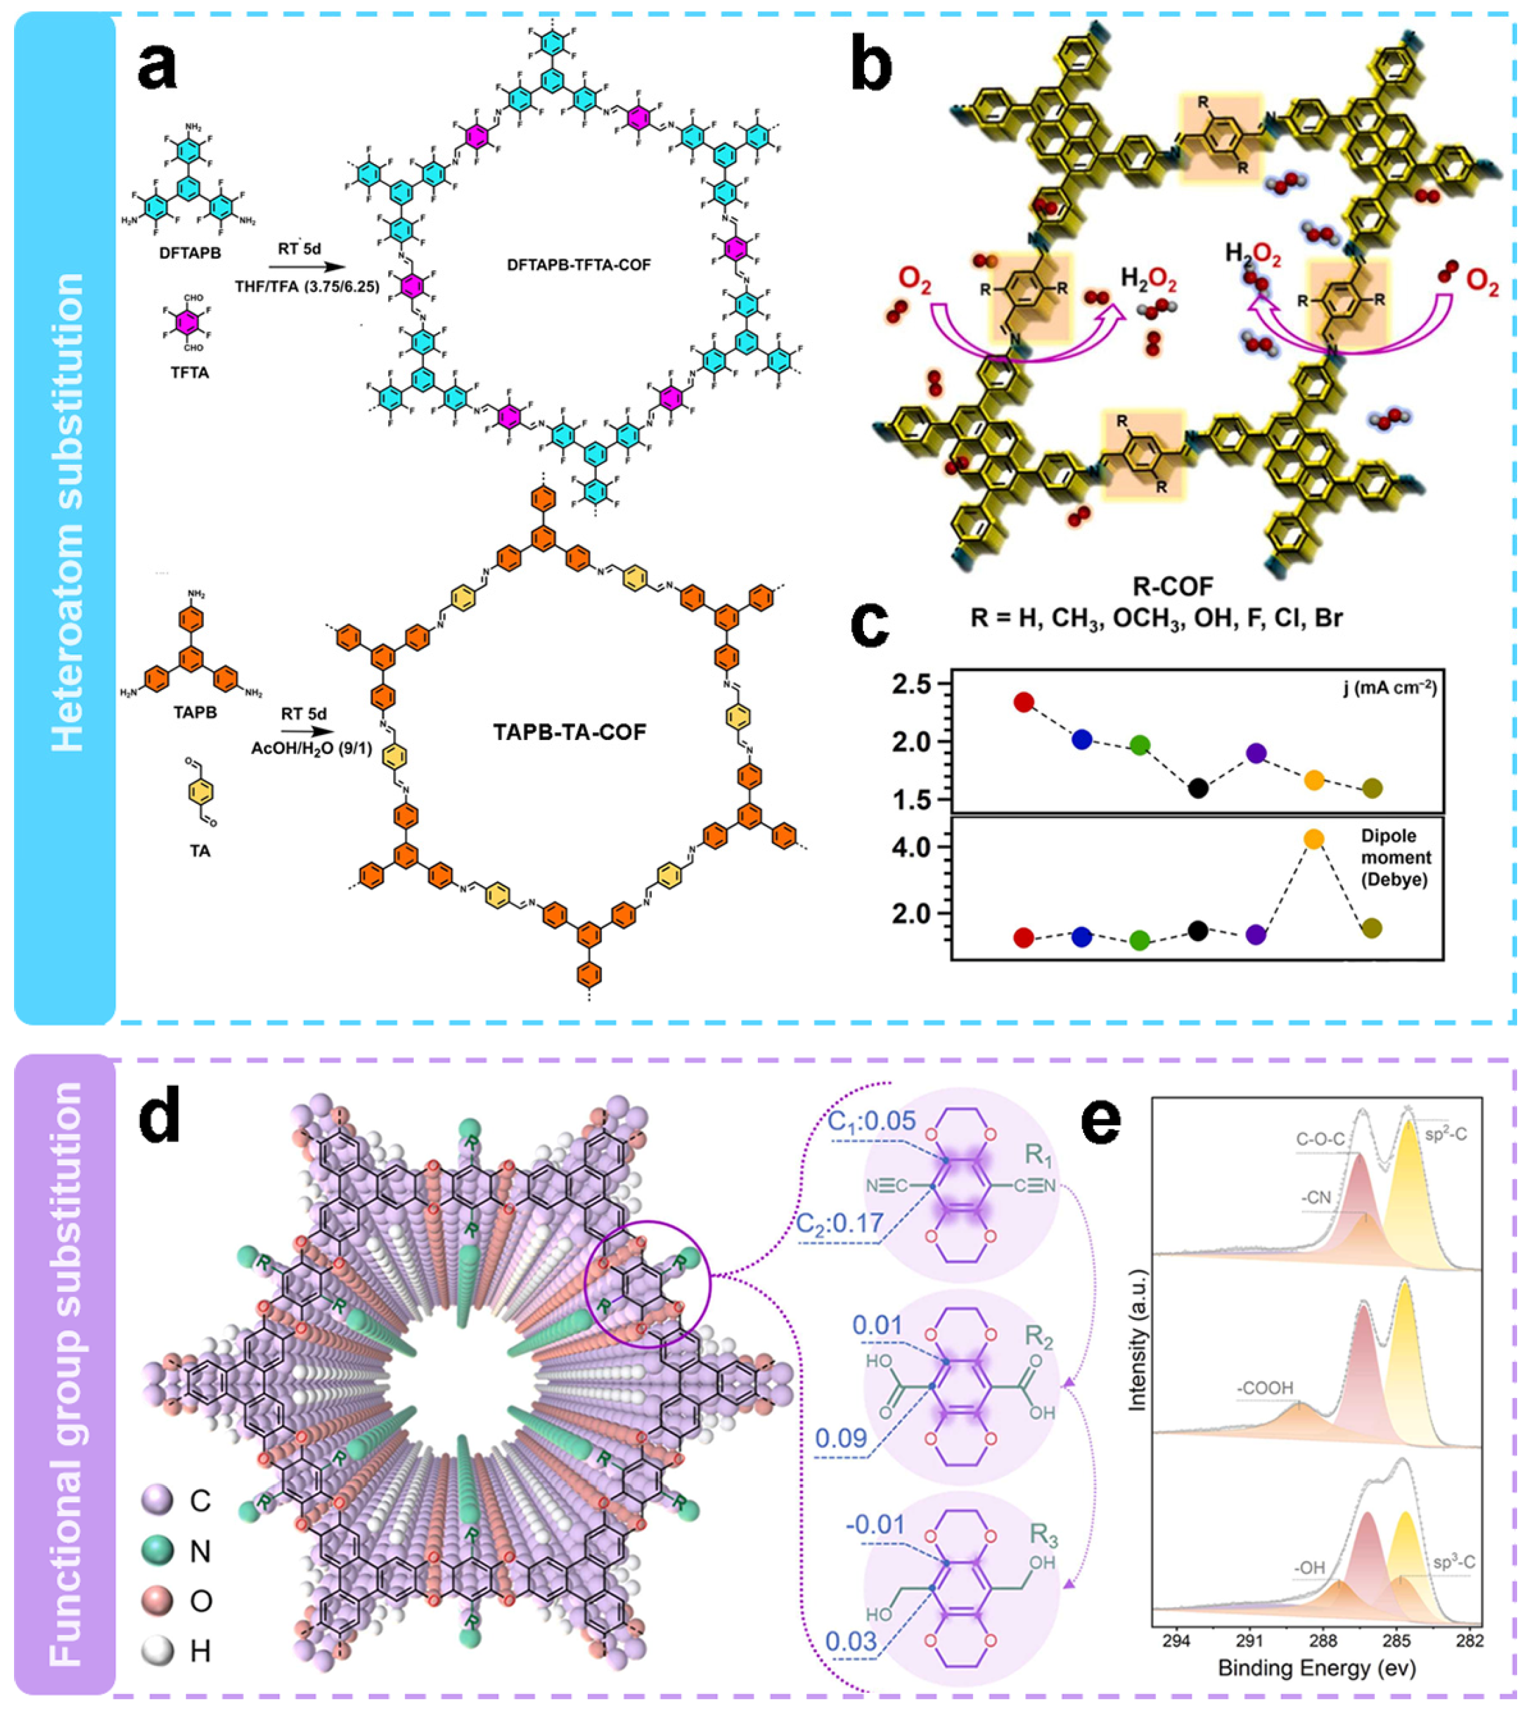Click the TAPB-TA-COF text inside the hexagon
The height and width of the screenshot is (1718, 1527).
pos(569,732)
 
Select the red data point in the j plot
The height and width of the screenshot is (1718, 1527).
pos(1023,702)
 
